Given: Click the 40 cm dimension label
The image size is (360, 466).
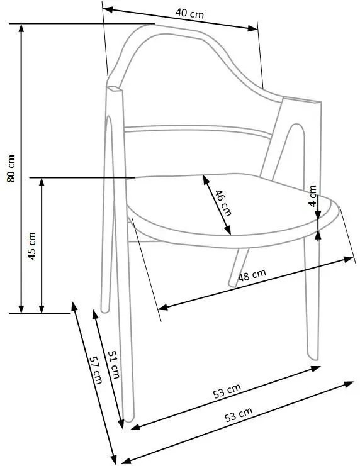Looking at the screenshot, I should coord(189,13).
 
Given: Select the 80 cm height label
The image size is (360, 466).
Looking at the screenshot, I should coord(11,169).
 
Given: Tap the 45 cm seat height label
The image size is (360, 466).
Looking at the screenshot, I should coord(31,245).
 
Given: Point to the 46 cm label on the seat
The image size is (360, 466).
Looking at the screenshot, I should coord(223,202).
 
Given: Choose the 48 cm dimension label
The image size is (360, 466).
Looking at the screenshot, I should coord(252,276).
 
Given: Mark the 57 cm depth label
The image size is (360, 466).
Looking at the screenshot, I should coord(95,370).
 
